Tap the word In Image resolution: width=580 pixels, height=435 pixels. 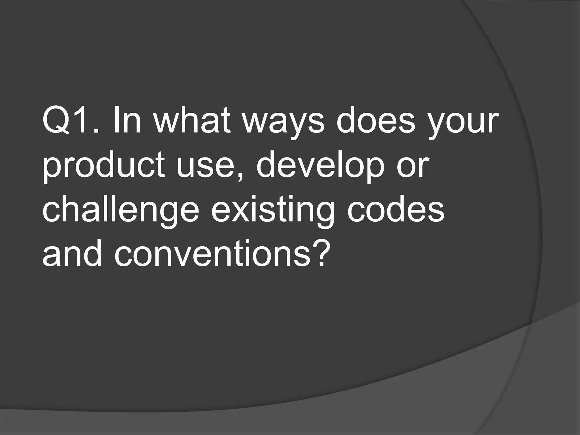(127, 122)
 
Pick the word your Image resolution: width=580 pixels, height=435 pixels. (462, 125)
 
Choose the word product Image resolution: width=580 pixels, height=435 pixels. (104, 167)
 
